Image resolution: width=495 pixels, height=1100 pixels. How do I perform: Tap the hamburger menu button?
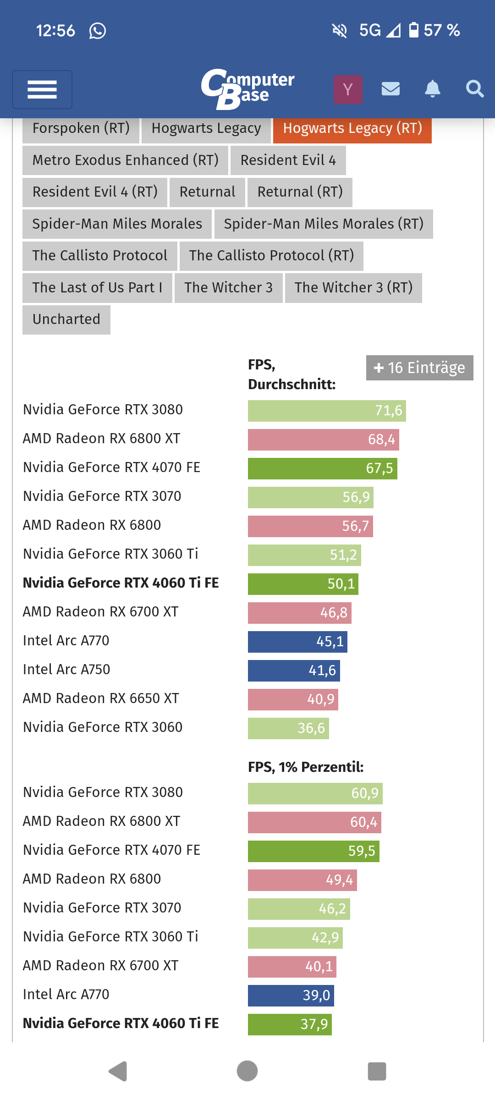coord(42,89)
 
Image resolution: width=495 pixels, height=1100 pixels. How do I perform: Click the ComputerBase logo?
coord(248,89)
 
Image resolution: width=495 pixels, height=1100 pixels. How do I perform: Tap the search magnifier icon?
coord(474,88)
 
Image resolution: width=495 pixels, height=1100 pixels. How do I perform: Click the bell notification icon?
coord(432,88)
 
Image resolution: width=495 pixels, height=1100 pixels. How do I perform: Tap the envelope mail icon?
coord(390,88)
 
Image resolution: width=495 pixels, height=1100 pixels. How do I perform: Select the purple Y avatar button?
coord(348,89)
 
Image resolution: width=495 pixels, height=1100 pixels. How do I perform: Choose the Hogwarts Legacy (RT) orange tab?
coord(352,128)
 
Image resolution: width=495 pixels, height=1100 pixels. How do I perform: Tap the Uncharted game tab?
coord(66,319)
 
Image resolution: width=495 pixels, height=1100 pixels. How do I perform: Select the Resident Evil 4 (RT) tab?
coord(95,192)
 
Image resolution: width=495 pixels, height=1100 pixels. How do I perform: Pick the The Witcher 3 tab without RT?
coord(228,288)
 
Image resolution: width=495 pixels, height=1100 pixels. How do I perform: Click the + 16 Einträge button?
coord(419,368)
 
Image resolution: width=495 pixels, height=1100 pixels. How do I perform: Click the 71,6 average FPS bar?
coord(327,411)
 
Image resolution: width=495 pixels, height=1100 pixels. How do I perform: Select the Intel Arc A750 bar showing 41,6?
coord(294,671)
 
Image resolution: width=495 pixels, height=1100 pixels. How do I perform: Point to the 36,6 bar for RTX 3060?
coord(288,728)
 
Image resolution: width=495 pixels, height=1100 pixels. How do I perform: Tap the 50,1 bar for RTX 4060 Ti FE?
coord(303,584)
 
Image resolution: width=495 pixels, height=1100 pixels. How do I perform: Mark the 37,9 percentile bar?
coord(290,1024)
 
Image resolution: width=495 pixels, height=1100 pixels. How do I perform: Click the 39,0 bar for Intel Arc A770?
coord(291,995)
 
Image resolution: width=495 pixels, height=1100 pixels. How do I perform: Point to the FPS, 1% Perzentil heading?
coord(306,767)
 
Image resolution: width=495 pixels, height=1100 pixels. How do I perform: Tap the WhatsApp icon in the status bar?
coord(98,31)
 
